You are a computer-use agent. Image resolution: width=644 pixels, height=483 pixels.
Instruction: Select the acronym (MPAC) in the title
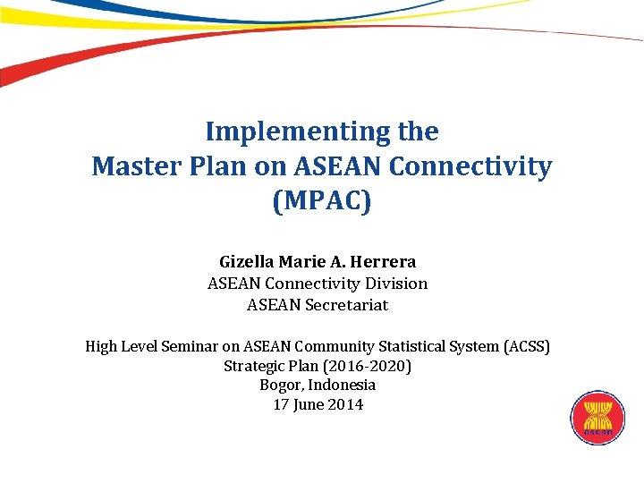tap(321, 201)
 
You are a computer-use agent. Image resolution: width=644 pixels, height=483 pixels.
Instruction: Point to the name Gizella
tap(247, 262)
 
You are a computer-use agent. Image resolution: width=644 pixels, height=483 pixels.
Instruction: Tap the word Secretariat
tap(346, 305)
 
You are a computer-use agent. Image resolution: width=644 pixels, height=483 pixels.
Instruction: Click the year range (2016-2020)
tap(368, 366)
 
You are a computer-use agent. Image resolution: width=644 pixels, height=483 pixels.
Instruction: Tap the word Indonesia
tap(343, 386)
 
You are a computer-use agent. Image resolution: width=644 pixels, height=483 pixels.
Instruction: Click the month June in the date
tap(310, 405)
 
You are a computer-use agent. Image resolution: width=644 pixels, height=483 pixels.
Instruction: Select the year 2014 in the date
tap(346, 405)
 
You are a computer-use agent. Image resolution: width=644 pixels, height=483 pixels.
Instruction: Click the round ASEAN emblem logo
tap(597, 419)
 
